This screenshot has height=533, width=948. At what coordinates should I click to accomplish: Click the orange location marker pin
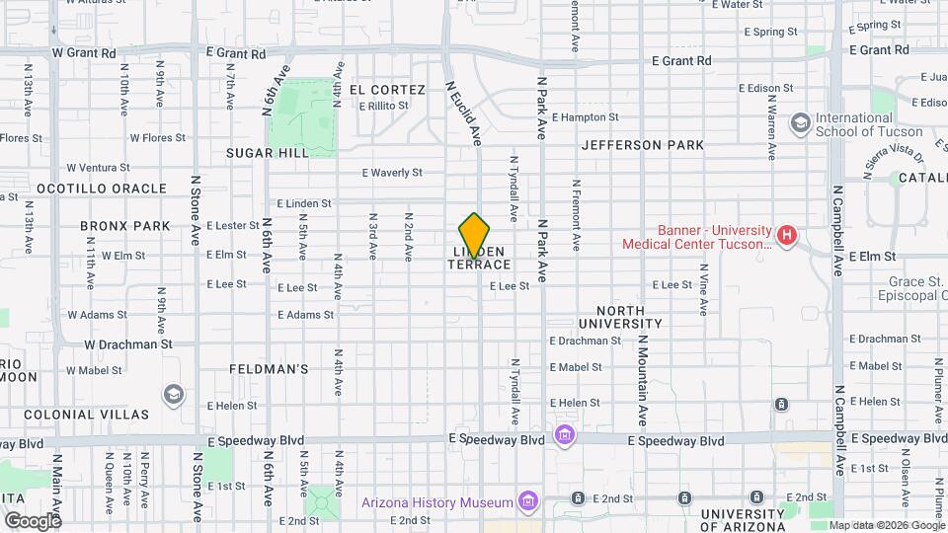475,235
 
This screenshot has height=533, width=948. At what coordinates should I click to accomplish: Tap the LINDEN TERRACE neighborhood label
481,259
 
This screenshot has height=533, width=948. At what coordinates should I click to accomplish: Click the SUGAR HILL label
267,153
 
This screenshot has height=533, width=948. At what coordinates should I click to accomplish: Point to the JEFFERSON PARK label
643,145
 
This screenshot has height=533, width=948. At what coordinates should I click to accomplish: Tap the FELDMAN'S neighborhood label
269,369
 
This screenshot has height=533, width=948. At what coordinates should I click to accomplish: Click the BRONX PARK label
125,226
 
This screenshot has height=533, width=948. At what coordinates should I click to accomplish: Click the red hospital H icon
786,235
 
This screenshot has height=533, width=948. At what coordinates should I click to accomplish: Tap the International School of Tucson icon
800,123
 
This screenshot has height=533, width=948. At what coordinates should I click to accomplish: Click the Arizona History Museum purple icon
529,501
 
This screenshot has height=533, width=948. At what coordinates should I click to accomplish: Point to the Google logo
33,520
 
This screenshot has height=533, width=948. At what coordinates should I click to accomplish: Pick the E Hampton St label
585,116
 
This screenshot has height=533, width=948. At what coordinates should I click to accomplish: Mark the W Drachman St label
127,344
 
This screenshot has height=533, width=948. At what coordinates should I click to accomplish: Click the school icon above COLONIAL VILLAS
174,395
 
